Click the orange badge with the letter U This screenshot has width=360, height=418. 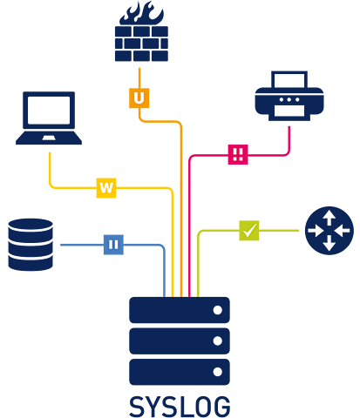click(x=139, y=98)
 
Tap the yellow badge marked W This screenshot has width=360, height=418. click(x=106, y=187)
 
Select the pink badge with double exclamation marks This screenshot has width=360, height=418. click(x=237, y=154)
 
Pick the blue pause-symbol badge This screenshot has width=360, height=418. click(x=113, y=245)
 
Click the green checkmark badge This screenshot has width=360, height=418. click(x=249, y=230)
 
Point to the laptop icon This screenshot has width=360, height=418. click(x=49, y=118)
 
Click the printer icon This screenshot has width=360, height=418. click(x=289, y=96)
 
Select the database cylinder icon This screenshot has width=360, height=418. click(x=31, y=245)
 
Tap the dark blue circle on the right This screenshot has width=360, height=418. click(x=329, y=231)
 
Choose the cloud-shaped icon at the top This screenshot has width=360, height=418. click(x=141, y=35)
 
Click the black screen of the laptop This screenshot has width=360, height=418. click(x=49, y=110)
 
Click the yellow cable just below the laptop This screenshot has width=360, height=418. click(x=50, y=165)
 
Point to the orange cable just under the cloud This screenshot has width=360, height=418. click(x=139, y=73)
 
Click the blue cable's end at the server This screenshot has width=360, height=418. click(x=164, y=287)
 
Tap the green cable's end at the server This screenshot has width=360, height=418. click(x=198, y=287)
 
